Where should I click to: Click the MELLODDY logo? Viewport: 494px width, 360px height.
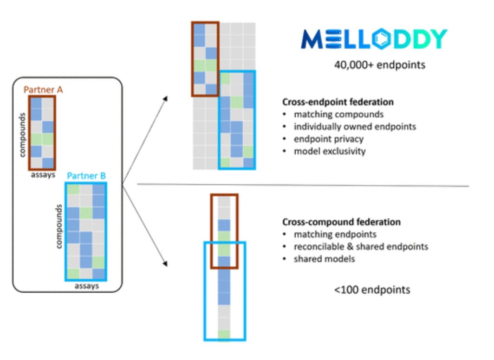tap(374, 39)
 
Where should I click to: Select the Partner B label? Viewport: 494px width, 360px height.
tap(86, 176)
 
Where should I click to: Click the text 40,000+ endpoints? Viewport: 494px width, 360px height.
tap(379, 65)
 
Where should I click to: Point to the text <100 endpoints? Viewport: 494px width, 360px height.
tap(372, 290)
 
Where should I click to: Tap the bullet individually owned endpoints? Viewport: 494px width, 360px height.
tap(355, 126)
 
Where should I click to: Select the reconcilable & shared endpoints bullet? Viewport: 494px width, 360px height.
tap(360, 246)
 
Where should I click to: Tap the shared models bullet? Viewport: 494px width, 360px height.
tap(324, 258)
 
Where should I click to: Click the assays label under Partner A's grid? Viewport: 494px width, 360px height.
tap(42, 175)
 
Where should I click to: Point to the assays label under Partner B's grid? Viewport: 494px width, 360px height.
tap(87, 286)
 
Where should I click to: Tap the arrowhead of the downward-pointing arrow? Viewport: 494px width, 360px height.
tap(165, 264)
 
